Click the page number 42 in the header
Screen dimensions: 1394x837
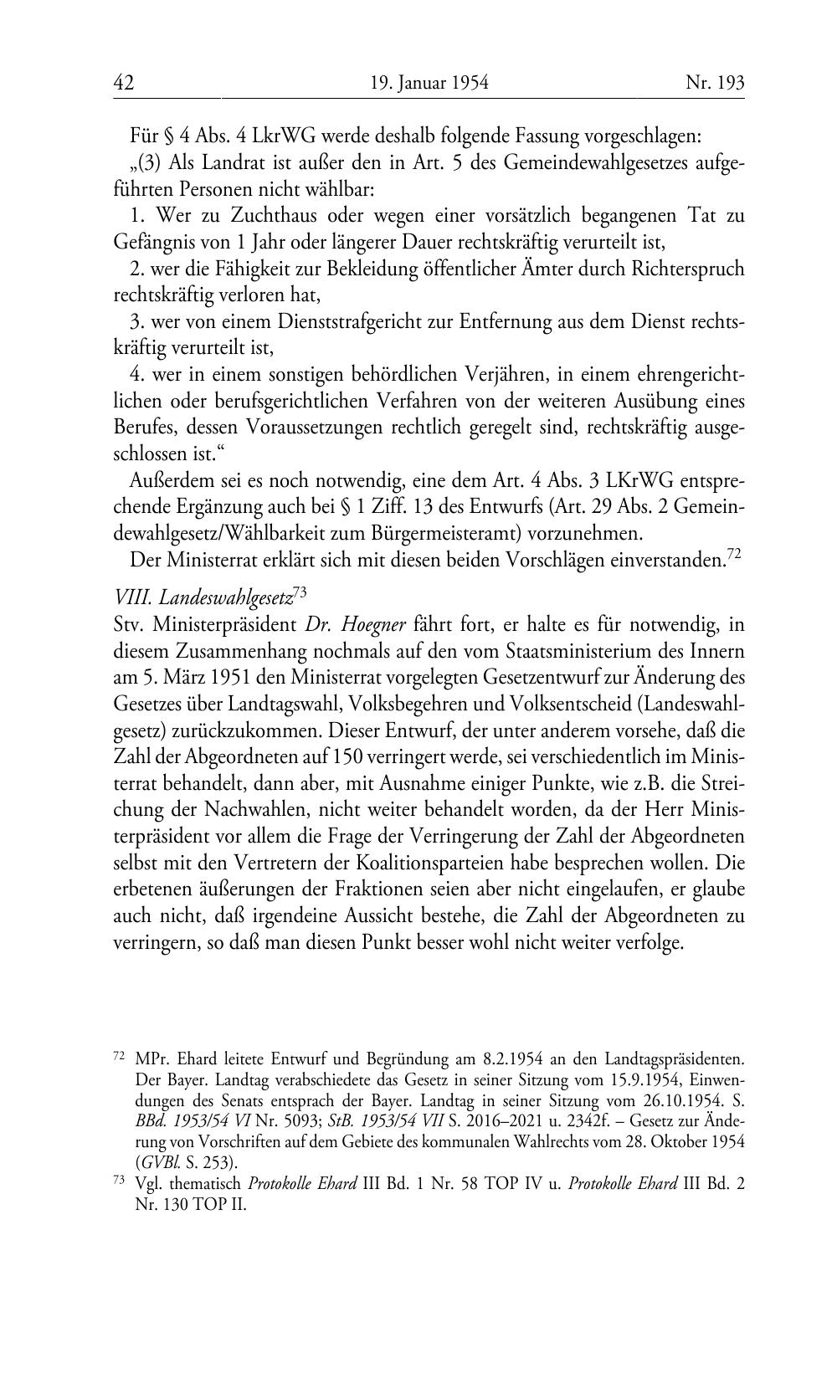tap(124, 82)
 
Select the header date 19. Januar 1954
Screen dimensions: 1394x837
tap(429, 82)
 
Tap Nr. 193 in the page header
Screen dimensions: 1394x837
tap(714, 82)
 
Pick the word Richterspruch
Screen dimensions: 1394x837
tap(691, 269)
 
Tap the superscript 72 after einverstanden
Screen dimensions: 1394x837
tap(734, 554)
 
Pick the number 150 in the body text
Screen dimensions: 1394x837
tap(347, 756)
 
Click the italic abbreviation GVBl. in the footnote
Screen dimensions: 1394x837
tap(155, 1161)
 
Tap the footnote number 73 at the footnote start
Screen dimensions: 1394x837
tap(117, 1179)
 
